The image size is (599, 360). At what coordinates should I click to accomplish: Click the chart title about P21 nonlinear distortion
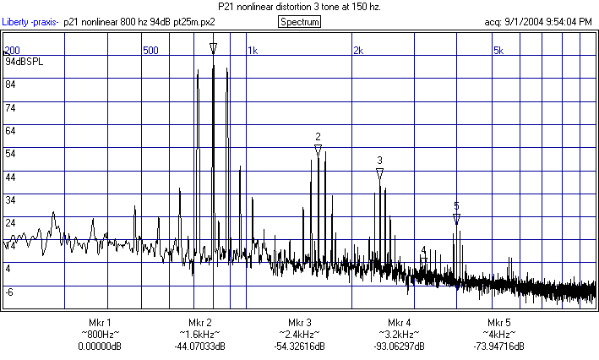[300, 7]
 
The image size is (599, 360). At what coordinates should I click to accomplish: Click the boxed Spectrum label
[300, 21]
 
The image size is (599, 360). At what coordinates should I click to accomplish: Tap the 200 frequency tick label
[13, 51]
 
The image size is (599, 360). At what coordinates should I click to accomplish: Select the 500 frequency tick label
[150, 51]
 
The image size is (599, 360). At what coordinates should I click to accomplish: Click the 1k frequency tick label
[253, 51]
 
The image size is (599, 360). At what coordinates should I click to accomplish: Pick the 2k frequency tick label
[357, 51]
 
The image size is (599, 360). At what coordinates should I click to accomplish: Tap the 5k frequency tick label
[498, 51]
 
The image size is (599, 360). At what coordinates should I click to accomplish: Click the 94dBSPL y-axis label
[23, 63]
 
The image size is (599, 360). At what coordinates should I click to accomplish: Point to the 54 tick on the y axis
[11, 154]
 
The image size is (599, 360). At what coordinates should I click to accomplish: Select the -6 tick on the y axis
[10, 292]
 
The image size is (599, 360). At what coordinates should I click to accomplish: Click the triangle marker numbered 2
[318, 150]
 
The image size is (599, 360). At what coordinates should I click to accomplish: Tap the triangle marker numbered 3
[379, 173]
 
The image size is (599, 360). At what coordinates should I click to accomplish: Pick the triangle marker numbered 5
[456, 219]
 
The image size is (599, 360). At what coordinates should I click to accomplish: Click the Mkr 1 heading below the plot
[100, 323]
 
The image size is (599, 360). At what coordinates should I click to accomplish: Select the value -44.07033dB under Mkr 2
[199, 346]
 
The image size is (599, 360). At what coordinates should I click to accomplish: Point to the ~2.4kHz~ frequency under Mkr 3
[300, 335]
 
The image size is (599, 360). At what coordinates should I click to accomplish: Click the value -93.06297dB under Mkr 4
[399, 346]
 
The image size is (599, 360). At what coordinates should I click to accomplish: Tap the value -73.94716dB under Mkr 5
[498, 346]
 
